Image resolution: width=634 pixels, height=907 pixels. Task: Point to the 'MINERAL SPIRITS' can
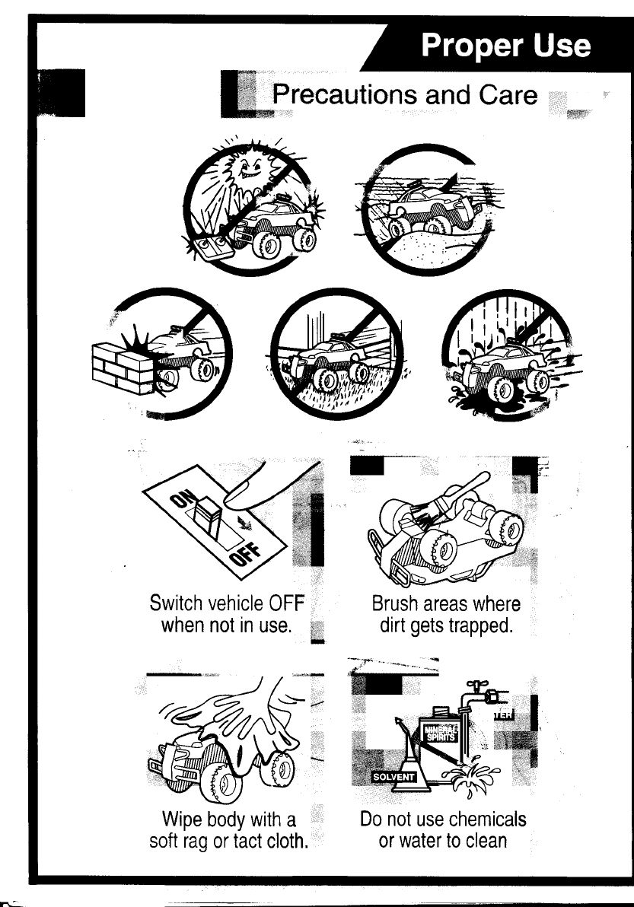click(x=438, y=740)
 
